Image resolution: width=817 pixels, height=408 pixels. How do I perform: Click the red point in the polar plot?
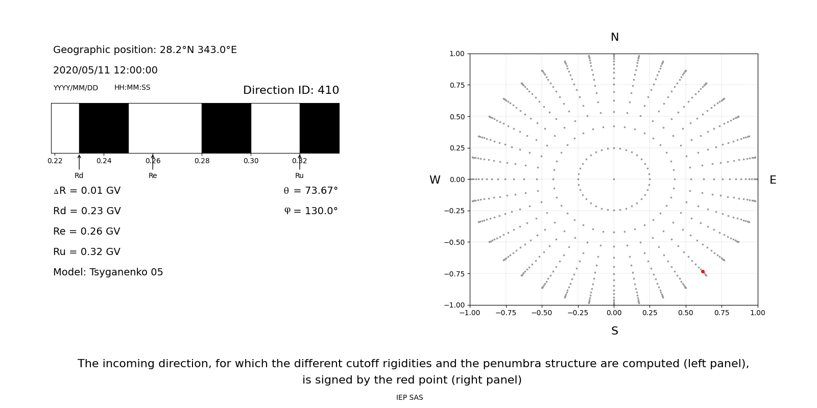pos(703,272)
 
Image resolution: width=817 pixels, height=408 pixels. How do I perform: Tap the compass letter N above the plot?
pos(614,37)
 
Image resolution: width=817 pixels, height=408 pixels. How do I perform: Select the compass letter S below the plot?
pos(614,331)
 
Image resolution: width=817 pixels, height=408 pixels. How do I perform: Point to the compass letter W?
pos(435,180)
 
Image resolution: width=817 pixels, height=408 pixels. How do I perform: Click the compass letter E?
pos(773,180)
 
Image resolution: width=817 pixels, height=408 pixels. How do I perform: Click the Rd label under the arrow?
pos(79,175)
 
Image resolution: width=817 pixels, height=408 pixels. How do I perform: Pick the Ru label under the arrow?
pos(299,175)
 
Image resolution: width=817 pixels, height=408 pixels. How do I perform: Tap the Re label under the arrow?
pos(153,175)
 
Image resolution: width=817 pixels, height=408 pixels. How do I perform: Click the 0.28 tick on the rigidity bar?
pos(202,161)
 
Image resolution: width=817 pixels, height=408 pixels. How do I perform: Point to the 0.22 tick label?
pos(55,161)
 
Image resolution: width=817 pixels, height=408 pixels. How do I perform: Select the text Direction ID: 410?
pos(291,90)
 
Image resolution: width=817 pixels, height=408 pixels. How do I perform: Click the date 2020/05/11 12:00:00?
pos(105,70)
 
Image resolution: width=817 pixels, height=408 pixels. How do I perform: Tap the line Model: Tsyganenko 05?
pos(108,272)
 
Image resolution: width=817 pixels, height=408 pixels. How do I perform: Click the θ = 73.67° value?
pos(310,191)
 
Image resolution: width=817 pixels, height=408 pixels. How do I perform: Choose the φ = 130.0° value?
pos(310,211)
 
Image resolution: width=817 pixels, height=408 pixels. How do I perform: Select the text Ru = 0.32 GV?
pos(87,252)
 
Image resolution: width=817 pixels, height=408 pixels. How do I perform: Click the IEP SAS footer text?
pos(409,397)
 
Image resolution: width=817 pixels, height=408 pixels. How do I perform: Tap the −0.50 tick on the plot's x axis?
pos(542,313)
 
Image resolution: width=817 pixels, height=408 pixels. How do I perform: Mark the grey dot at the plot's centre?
pos(614,179)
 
